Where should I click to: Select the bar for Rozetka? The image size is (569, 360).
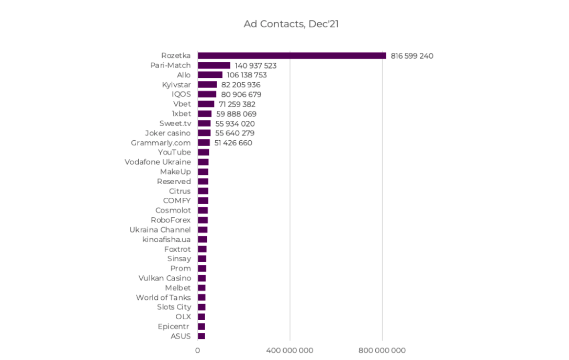pyautogui.click(x=292, y=55)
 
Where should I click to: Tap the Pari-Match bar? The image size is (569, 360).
pyautogui.click(x=214, y=65)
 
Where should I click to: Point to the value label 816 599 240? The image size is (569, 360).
pyautogui.click(x=412, y=56)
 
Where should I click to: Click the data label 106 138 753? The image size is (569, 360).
pyautogui.click(x=247, y=75)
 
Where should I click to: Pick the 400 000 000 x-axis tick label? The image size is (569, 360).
pyautogui.click(x=290, y=350)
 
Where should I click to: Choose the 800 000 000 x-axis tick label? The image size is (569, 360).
pyautogui.click(x=382, y=350)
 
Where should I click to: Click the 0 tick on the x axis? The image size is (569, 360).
pyautogui.click(x=197, y=350)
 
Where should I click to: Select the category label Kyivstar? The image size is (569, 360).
pyautogui.click(x=176, y=85)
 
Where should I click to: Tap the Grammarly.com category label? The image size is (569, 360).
pyautogui.click(x=161, y=143)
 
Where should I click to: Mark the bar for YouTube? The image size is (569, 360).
pyautogui.click(x=203, y=152)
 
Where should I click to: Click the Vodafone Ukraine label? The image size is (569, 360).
pyautogui.click(x=158, y=162)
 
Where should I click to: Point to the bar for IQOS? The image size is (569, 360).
pyautogui.click(x=207, y=94)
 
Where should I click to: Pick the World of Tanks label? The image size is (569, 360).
pyautogui.click(x=163, y=298)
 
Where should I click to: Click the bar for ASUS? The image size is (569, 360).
pyautogui.click(x=202, y=336)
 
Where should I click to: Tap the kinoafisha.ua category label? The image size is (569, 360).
pyautogui.click(x=166, y=240)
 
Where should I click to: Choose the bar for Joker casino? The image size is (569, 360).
pyautogui.click(x=204, y=133)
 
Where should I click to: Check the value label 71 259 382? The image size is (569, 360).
pyautogui.click(x=237, y=104)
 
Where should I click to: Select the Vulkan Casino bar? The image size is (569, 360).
pyautogui.click(x=202, y=278)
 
